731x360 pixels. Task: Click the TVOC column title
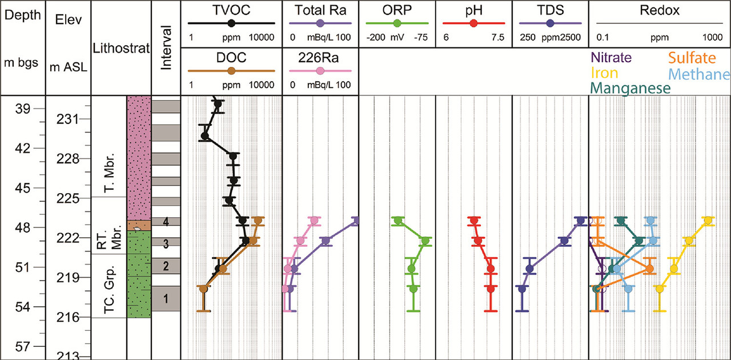point(231,10)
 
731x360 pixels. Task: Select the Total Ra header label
point(320,10)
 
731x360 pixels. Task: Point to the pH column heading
point(473,10)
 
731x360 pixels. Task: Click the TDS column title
point(550,10)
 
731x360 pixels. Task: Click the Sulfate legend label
point(692,58)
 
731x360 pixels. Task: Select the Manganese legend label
point(630,89)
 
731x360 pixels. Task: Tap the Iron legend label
point(604,73)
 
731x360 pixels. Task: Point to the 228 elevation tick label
point(67,159)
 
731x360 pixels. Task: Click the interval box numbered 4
point(166,222)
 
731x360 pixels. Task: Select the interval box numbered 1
point(166,298)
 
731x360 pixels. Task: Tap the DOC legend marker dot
point(231,71)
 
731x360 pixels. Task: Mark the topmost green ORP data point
point(397,221)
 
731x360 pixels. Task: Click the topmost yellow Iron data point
point(708,221)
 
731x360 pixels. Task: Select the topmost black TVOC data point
point(218,104)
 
